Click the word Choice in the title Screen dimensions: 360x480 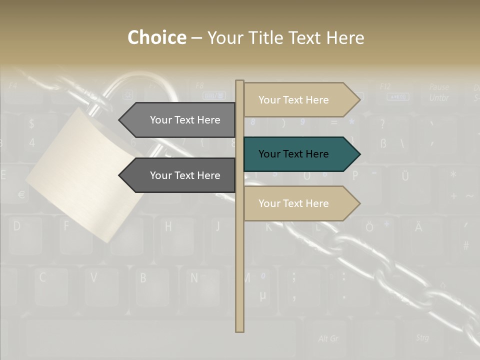[156, 38]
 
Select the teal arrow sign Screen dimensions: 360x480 [300, 154]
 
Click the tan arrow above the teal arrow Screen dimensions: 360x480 [300, 100]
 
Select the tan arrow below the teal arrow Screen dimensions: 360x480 [300, 203]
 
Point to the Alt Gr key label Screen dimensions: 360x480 [328, 338]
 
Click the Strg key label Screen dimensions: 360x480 [422, 337]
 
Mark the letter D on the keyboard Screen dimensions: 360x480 [17, 226]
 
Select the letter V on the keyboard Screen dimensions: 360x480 [93, 277]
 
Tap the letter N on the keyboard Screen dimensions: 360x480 [194, 277]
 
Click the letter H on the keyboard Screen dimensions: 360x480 [168, 226]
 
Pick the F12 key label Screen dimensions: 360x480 [385, 86]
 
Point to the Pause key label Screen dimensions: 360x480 [438, 87]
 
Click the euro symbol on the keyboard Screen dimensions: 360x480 [21, 194]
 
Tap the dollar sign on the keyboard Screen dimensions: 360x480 [32, 123]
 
